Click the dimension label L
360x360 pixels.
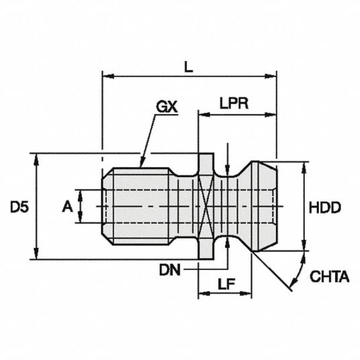tap(189, 67)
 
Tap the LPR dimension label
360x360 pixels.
tap(234, 103)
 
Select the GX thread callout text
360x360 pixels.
tap(167, 107)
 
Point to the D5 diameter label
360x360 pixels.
tap(19, 208)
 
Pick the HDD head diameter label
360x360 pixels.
tap(325, 208)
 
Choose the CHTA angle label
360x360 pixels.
tap(330, 277)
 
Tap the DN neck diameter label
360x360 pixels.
tap(170, 270)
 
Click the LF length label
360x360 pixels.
tap(226, 284)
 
